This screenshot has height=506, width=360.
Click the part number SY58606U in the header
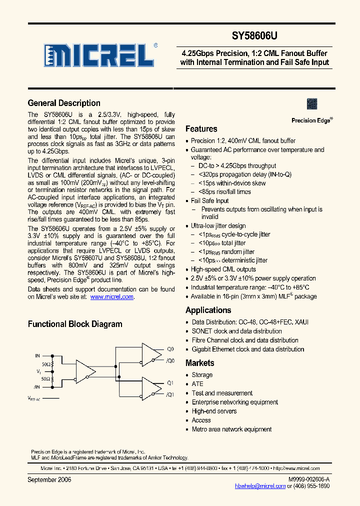[254, 36]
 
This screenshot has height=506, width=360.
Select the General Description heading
[64, 103]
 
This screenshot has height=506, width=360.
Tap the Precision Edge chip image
[312, 103]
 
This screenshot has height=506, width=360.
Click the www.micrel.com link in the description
[111, 296]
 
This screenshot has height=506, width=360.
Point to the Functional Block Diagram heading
[75, 324]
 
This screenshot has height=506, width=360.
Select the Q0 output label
[170, 349]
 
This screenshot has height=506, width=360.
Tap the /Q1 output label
[169, 394]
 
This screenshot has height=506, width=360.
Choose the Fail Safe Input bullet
[209, 200]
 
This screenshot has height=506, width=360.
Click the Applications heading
[208, 310]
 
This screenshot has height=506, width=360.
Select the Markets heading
[199, 363]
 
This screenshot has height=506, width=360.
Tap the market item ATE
[197, 384]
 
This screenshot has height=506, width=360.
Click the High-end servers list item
[214, 411]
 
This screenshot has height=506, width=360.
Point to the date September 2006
[49, 479]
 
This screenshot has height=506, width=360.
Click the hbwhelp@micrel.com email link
[261, 485]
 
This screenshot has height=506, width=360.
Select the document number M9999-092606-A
[308, 479]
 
